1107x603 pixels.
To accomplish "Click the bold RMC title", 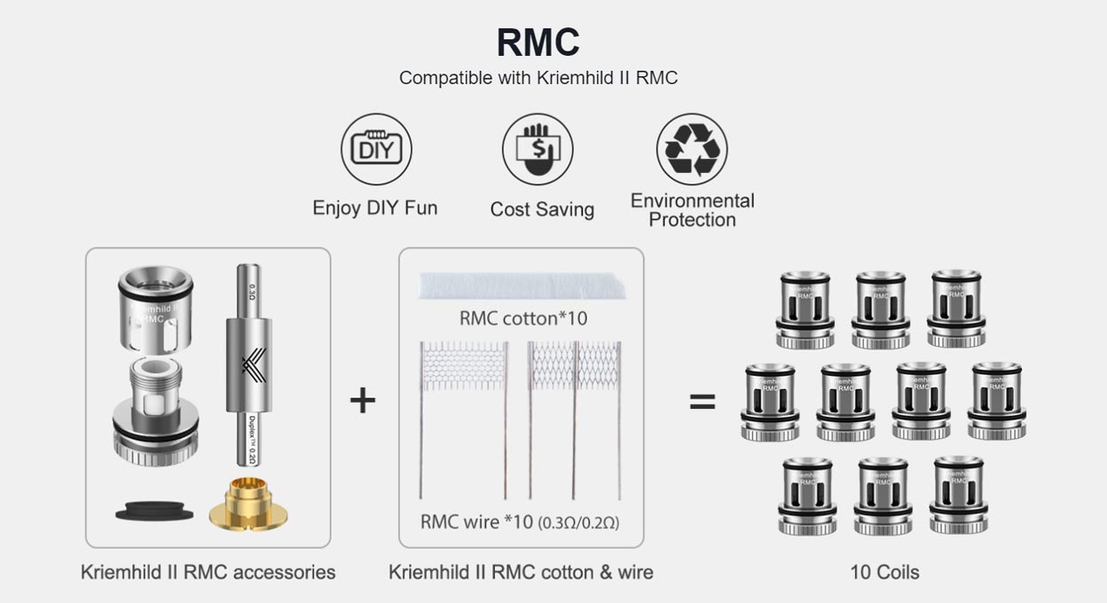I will [538, 43].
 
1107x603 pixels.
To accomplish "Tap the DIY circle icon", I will [376, 148].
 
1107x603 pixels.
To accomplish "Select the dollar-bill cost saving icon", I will [538, 148].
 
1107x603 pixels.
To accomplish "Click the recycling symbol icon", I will [692, 149].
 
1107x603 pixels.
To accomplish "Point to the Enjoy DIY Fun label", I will [374, 208].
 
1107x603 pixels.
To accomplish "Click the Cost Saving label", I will [542, 209].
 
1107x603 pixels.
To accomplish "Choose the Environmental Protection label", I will [692, 210].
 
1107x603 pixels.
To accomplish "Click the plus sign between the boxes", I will [362, 401].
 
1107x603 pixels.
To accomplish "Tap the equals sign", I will [703, 402].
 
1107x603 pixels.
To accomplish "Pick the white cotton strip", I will [521, 287].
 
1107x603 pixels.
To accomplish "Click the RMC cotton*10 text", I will [522, 317].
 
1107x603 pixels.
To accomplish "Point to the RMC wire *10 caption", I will [520, 521].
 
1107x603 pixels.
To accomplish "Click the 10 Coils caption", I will [884, 572].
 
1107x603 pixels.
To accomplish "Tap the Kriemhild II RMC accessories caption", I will [208, 572].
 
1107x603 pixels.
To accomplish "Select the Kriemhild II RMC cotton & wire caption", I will [521, 572].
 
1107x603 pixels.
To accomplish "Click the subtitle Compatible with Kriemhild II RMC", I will [538, 77].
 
